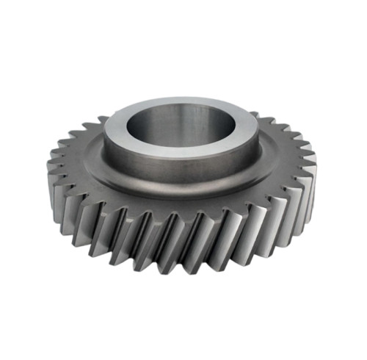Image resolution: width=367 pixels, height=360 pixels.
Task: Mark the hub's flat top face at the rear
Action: click(180, 101)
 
